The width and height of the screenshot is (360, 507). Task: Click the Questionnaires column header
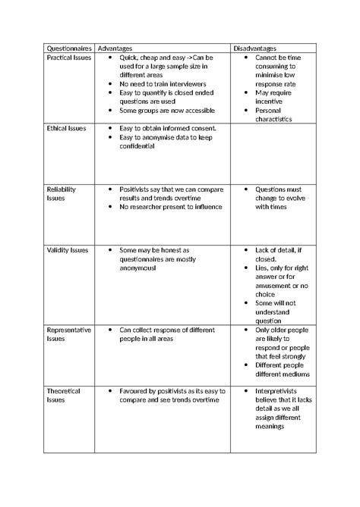pos(65,48)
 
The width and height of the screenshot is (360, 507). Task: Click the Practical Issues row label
pos(69,58)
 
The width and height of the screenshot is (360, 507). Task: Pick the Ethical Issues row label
pos(67,129)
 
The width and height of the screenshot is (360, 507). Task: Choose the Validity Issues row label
pos(67,249)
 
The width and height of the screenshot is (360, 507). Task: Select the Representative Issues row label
pos(69,335)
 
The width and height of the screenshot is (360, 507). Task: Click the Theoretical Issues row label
pos(64,396)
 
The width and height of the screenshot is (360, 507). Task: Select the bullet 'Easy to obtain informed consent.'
pos(169,129)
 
